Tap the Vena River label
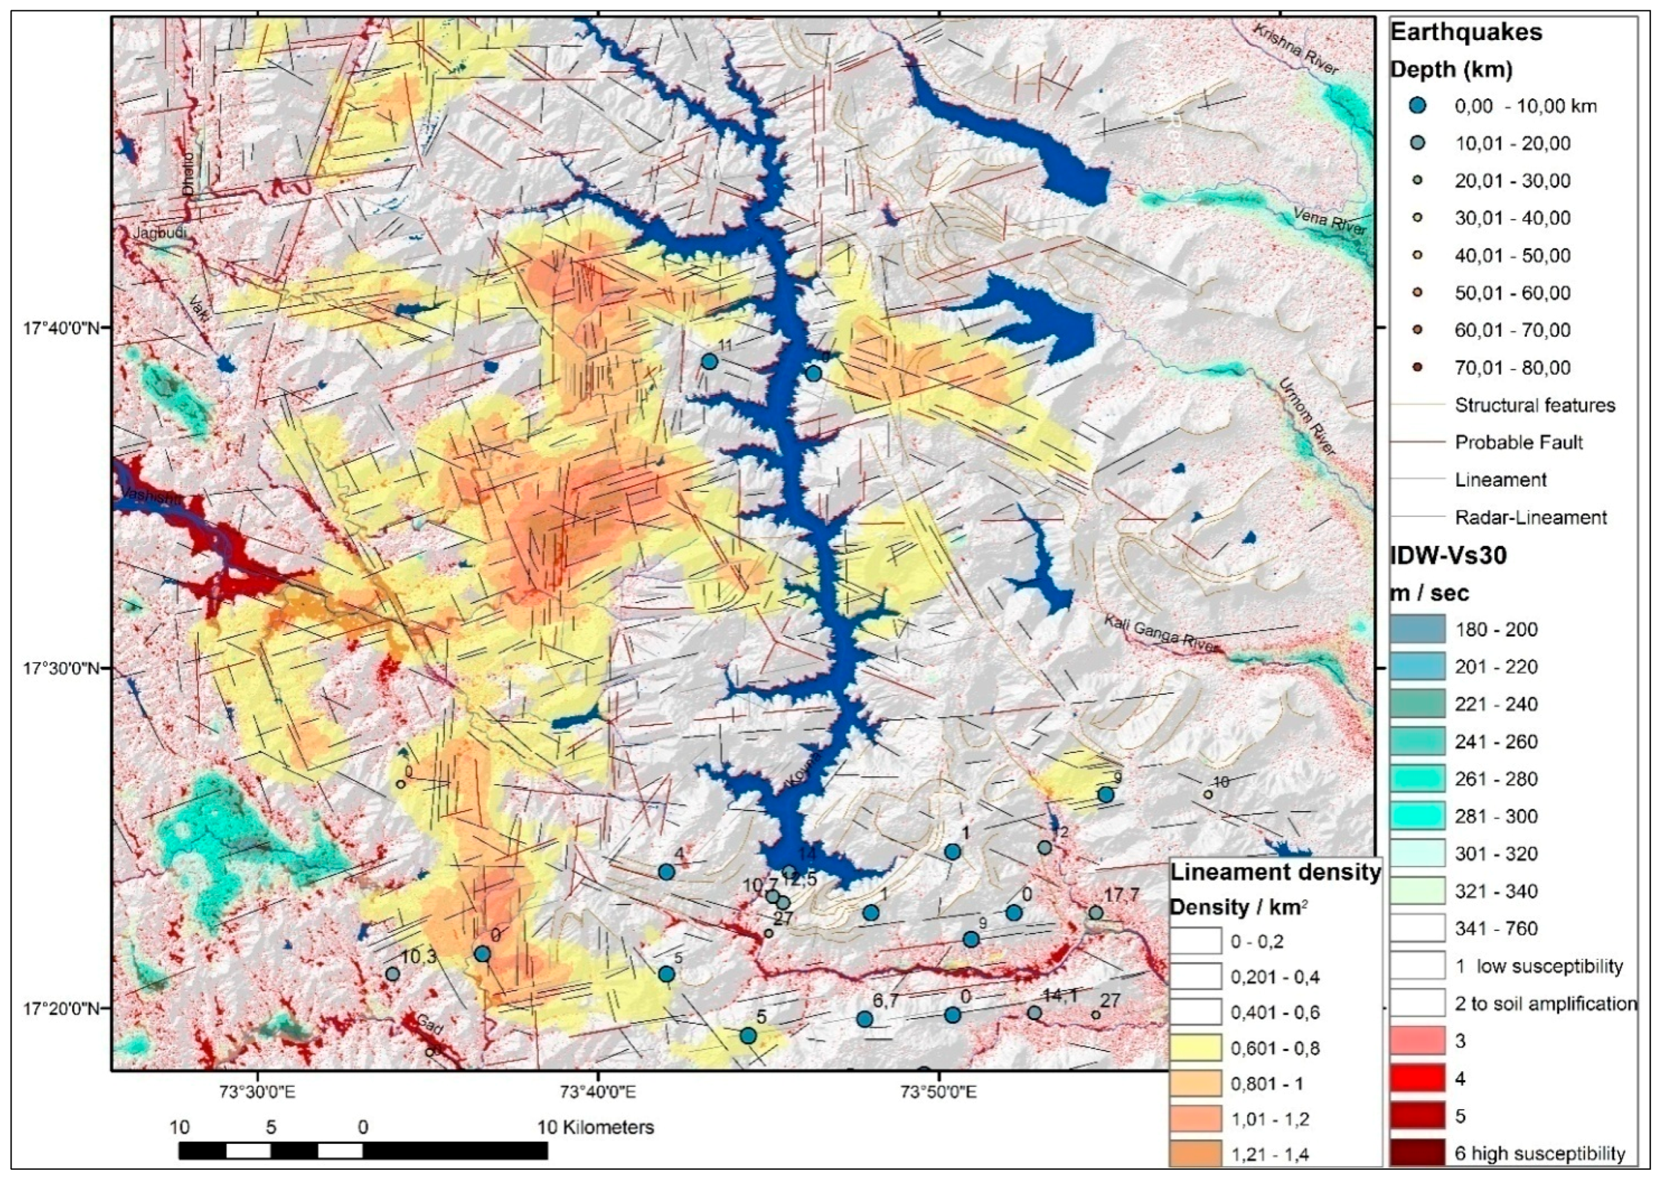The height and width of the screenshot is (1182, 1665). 1330,220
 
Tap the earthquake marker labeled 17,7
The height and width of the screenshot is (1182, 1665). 1096,913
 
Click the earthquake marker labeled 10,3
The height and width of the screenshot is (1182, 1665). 392,974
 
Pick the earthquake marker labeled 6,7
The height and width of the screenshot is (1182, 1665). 865,1019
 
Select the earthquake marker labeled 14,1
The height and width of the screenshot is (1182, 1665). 1034,1013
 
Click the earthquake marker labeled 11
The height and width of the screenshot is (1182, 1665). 710,361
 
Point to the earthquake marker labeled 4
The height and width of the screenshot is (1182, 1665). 666,871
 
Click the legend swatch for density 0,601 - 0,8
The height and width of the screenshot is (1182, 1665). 1195,1048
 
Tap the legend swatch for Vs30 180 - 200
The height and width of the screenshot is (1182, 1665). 1417,630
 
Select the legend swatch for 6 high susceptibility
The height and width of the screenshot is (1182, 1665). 1417,1153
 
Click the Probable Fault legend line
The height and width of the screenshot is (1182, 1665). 1417,443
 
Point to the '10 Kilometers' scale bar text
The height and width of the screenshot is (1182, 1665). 596,1128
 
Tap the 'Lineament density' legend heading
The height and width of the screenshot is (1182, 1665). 1275,872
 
